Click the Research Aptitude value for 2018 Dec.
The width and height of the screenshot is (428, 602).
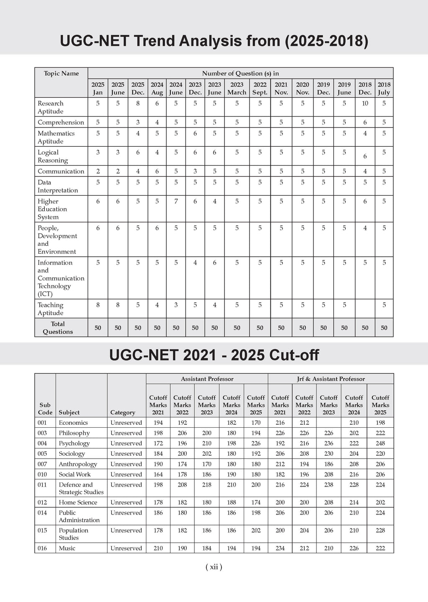pyautogui.click(x=365, y=103)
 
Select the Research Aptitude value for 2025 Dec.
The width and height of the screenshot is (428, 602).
pyautogui.click(x=138, y=103)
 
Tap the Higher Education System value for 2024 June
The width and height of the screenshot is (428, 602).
pyautogui.click(x=176, y=201)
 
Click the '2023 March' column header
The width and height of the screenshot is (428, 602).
pyautogui.click(x=237, y=88)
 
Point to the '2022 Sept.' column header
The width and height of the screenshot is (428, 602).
pyautogui.click(x=260, y=88)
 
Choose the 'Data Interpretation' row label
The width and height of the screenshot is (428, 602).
pyautogui.click(x=58, y=186)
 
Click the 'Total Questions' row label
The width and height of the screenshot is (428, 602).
pyautogui.click(x=58, y=328)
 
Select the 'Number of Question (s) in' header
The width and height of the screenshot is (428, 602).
pyautogui.click(x=240, y=73)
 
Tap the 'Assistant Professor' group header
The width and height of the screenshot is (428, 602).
pyautogui.click(x=207, y=379)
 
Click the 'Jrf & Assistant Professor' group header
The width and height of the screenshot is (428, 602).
pyautogui.click(x=331, y=379)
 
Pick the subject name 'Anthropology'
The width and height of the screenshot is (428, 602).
pyautogui.click(x=78, y=464)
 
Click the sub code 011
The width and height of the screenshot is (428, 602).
pyautogui.click(x=42, y=485)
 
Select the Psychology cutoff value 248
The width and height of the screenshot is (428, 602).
pyautogui.click(x=380, y=443)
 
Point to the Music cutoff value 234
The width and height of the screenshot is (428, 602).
pyautogui.click(x=280, y=548)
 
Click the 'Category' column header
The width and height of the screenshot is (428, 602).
pyautogui.click(x=122, y=412)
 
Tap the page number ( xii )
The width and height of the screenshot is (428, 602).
pyautogui.click(x=214, y=567)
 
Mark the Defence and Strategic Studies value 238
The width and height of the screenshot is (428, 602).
pyautogui.click(x=329, y=485)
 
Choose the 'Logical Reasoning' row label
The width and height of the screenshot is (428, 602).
pyautogui.click(x=53, y=156)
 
